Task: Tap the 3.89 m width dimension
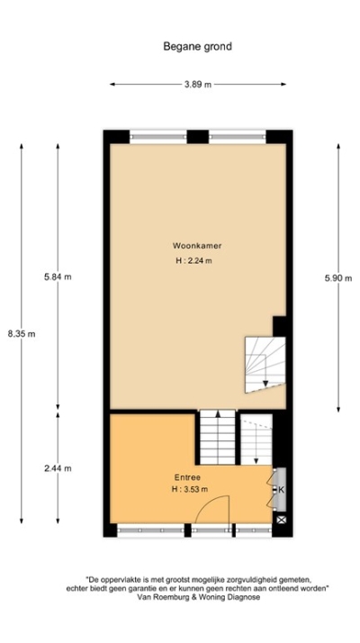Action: (198, 85)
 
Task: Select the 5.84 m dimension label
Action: (57, 276)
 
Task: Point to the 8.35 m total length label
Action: (21, 333)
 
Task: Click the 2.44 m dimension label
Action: (57, 468)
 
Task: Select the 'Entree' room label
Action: (187, 476)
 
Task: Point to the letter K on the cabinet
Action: (280, 490)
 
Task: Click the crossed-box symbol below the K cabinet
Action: (281, 520)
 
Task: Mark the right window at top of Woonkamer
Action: (236, 136)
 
